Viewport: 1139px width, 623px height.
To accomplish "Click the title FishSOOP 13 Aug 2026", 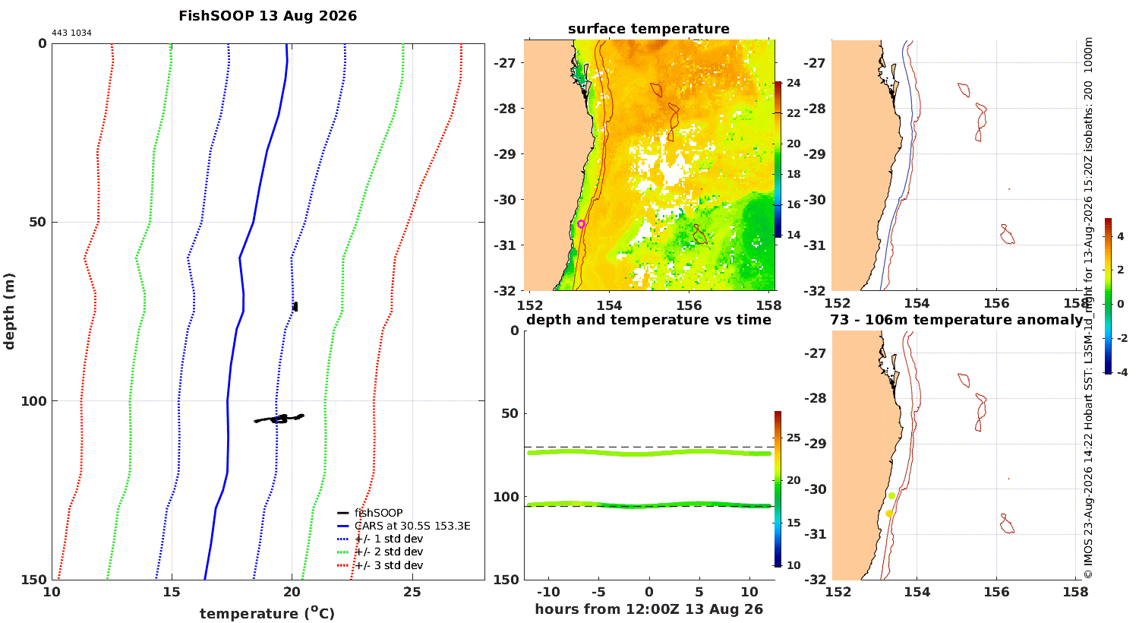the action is coord(267,16).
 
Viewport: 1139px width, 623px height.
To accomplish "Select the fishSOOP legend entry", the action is coord(370,513).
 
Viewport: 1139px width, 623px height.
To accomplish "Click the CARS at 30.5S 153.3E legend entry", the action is coord(403,526).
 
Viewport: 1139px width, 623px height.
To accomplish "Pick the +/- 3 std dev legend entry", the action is coord(380,565).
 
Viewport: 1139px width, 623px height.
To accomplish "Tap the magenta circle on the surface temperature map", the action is coord(581,224).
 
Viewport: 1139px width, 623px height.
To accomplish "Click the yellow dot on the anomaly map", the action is coord(889,514).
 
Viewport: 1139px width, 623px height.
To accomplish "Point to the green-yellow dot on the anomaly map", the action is coord(892,496).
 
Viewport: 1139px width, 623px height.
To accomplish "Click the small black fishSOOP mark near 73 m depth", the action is coord(295,307).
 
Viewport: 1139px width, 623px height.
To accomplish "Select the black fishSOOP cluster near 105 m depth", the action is coord(279,419).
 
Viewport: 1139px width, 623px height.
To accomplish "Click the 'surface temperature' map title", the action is coord(648,29).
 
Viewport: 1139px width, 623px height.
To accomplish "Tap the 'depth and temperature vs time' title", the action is coord(648,320).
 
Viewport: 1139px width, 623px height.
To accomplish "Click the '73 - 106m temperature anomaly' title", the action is coord(957,320).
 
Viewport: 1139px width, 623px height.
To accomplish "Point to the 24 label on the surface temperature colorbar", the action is coord(794,83).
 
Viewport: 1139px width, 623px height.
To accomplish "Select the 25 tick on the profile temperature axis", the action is coord(412,592).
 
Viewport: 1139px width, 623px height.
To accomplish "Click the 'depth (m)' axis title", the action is coord(9,311).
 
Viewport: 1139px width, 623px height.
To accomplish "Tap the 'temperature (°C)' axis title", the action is coord(267,613).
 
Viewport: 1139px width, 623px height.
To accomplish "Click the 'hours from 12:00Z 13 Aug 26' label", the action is coord(648,609).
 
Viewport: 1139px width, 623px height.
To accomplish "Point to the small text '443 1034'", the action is coord(71,33).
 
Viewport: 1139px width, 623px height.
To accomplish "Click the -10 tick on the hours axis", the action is coord(548,593).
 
